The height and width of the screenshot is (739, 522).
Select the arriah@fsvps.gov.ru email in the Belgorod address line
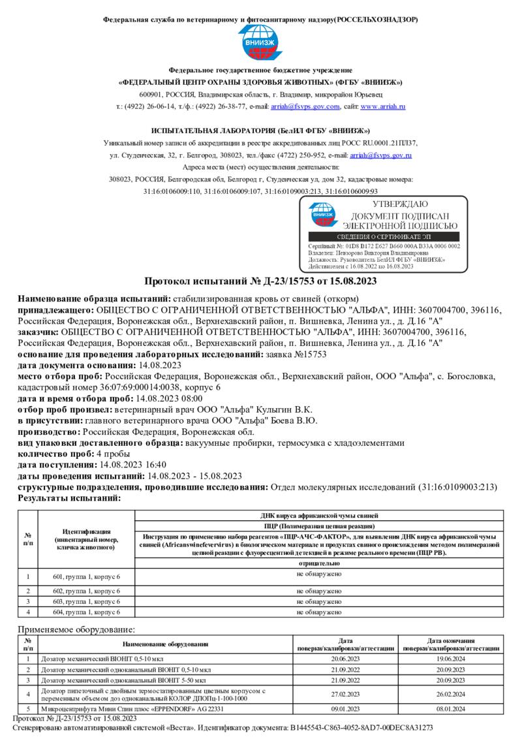tap(380, 155)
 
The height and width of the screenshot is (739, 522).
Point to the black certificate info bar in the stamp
tap(383, 236)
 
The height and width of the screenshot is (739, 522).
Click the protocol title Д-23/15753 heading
tap(260, 281)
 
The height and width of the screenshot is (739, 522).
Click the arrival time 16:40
tap(151, 465)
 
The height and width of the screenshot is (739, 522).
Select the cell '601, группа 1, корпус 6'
tap(86, 576)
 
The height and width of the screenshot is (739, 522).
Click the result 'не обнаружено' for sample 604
tap(318, 612)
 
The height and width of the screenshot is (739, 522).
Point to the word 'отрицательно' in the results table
tap(318, 562)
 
